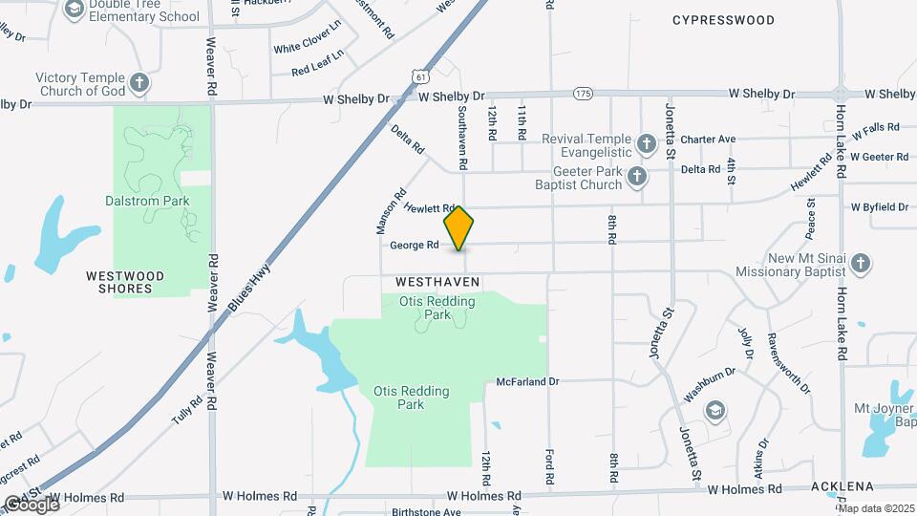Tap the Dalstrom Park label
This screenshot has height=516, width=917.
click(147, 201)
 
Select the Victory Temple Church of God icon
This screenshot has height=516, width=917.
click(139, 83)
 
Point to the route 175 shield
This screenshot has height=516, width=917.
click(584, 94)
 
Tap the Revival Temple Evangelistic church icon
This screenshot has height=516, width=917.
click(647, 145)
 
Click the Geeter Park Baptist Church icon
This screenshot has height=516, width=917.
click(638, 177)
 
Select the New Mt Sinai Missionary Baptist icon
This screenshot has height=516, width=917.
click(860, 264)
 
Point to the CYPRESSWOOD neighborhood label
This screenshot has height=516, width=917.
click(723, 19)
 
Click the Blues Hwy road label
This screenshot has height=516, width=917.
click(250, 284)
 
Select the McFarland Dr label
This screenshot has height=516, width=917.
click(527, 381)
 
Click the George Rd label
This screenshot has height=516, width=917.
click(414, 246)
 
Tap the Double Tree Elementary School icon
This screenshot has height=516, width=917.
click(74, 10)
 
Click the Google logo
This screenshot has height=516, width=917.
click(31, 504)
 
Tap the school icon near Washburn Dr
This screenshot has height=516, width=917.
click(714, 410)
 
